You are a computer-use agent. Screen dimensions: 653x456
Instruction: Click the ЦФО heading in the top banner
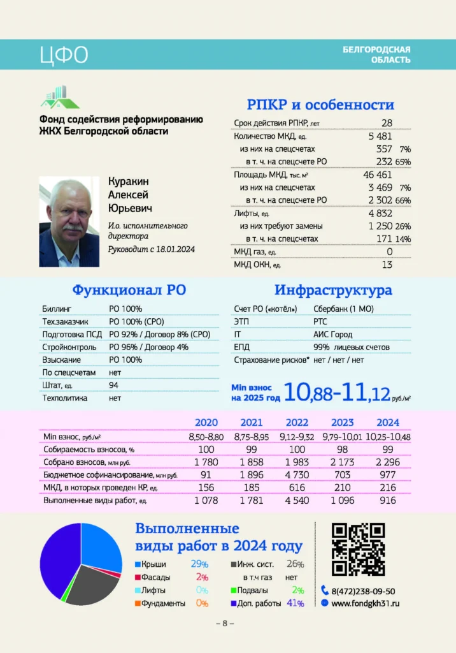tap(63, 55)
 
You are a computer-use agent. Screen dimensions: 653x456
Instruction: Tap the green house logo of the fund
tap(60, 97)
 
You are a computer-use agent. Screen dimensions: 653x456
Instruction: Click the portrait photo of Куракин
tap(69, 221)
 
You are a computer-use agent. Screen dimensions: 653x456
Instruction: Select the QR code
tap(359, 548)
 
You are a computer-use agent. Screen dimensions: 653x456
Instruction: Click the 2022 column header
tap(297, 422)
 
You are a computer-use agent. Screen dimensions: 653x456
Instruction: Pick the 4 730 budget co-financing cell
tap(297, 474)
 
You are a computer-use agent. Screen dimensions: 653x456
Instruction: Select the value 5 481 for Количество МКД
tap(380, 136)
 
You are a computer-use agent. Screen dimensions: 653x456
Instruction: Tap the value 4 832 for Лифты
tap(380, 213)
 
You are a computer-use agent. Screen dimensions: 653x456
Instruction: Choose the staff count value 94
tap(114, 385)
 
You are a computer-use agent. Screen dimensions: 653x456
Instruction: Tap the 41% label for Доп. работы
tap(295, 603)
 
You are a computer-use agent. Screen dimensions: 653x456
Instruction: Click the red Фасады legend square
tap(138, 578)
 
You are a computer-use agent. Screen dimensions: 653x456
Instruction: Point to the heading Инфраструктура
tap(333, 290)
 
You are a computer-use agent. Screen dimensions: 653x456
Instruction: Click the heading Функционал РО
tap(129, 290)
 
